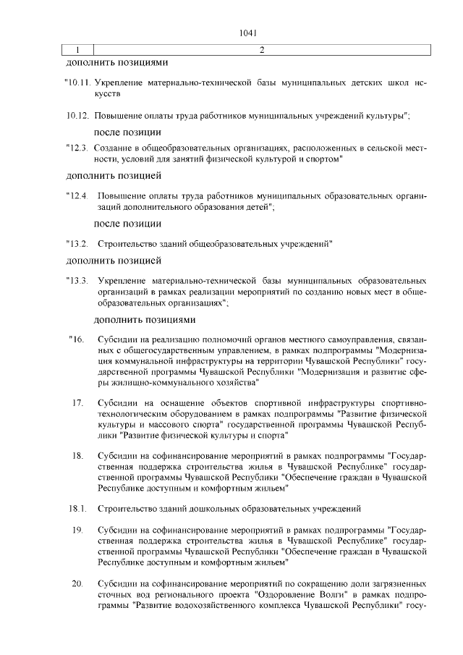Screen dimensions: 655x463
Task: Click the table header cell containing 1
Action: (76, 49)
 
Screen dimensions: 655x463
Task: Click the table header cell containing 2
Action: (260, 49)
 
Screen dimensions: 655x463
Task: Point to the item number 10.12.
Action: (77, 115)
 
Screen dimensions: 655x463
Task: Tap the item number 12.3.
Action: (76, 148)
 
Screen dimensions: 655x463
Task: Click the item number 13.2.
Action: (76, 243)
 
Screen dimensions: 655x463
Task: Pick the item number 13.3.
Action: (76, 279)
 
